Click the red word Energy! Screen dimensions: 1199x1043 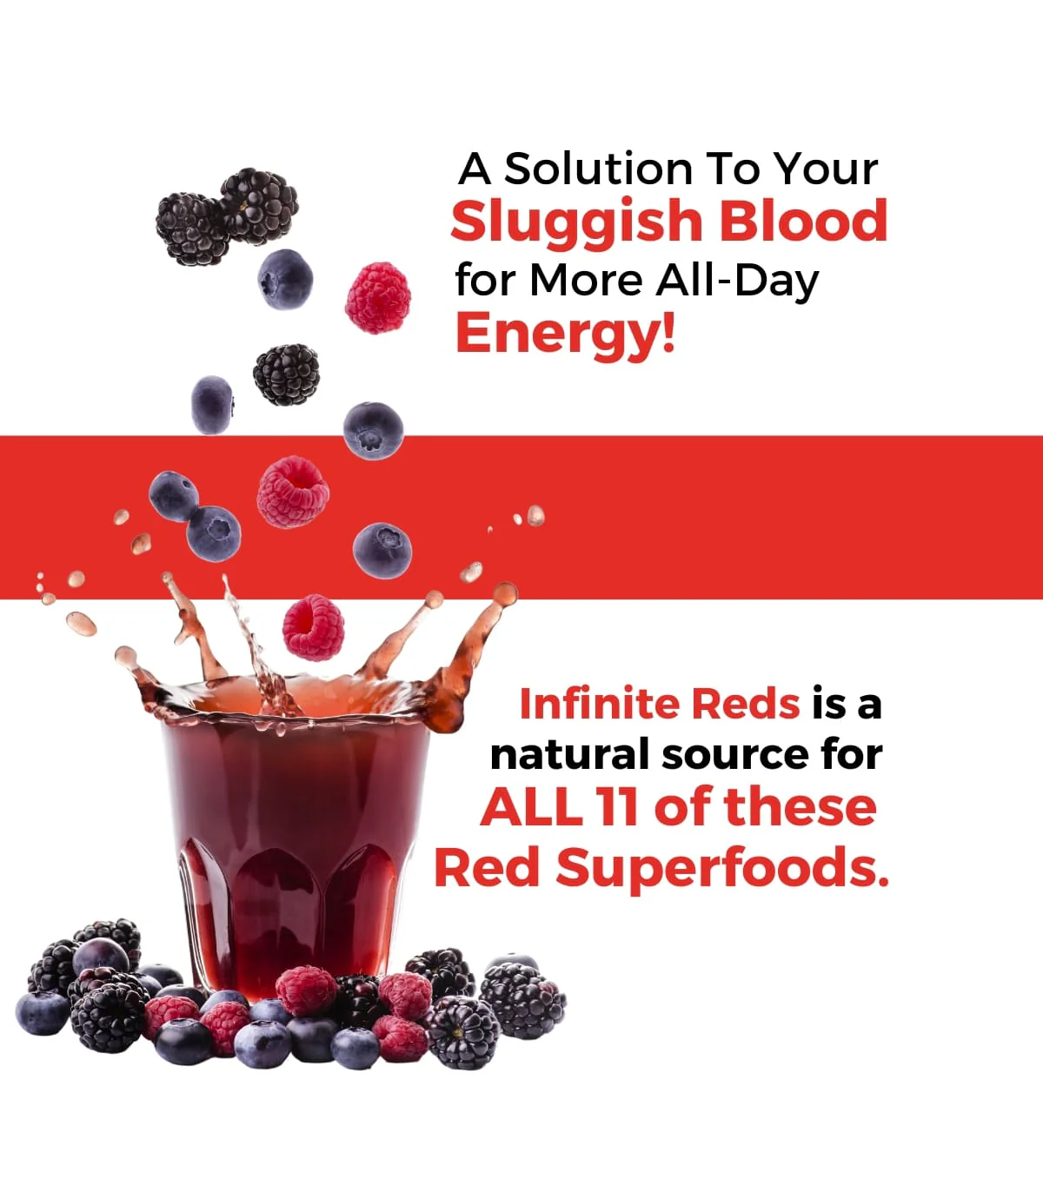[x=565, y=335]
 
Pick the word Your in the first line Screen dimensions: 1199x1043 [x=826, y=169]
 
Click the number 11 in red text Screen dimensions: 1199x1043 [x=619, y=807]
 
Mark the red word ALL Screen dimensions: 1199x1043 [x=531, y=807]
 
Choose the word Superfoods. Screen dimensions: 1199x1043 [x=721, y=867]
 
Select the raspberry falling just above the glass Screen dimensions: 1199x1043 [x=313, y=627]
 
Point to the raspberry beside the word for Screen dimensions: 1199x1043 [x=378, y=298]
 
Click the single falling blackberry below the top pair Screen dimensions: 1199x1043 [x=286, y=374]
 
